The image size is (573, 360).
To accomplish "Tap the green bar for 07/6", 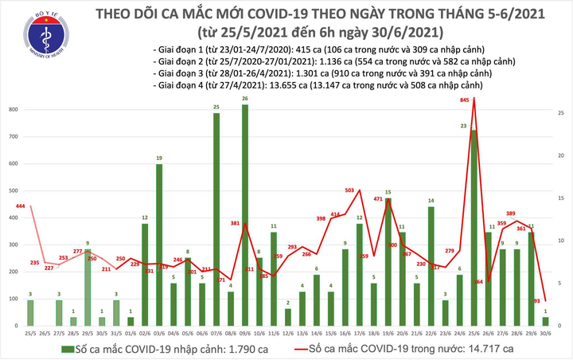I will [216, 219].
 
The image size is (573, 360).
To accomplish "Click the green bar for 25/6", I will [474, 228].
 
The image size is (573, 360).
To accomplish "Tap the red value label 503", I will [350, 190].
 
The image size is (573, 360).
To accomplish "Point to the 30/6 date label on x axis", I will [546, 331].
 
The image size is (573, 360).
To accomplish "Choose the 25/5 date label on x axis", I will [30, 331].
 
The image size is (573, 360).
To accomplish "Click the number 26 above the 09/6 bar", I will [245, 99].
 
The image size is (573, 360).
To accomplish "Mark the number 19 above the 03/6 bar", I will [159, 158].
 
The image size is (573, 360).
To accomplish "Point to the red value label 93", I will [538, 301].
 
